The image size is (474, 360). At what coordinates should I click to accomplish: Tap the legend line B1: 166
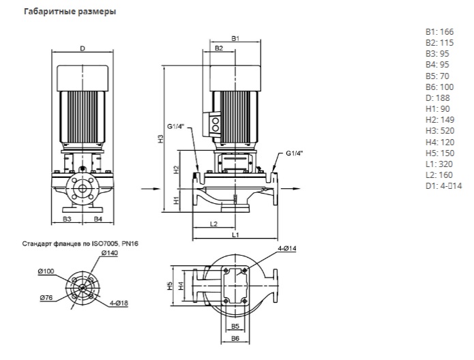click(x=438, y=31)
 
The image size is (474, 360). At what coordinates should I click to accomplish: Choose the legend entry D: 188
click(x=437, y=97)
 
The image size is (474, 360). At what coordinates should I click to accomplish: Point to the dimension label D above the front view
click(x=82, y=48)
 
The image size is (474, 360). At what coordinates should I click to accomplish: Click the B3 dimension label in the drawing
click(x=68, y=220)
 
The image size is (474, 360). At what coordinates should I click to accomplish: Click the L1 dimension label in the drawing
click(x=235, y=235)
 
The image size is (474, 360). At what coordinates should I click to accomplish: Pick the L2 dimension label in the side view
click(x=213, y=224)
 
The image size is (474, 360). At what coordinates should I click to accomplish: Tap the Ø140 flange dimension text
click(x=108, y=254)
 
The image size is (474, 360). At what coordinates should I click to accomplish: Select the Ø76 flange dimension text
click(x=46, y=298)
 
